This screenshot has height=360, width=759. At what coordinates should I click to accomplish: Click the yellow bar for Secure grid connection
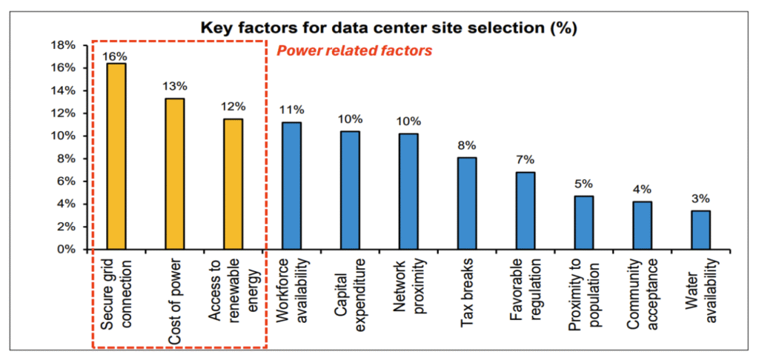[x=116, y=156]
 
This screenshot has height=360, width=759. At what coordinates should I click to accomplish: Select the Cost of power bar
[x=174, y=174]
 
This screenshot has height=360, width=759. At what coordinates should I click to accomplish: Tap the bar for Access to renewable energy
[x=233, y=184]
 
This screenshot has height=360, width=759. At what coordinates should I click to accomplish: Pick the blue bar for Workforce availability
[x=291, y=186]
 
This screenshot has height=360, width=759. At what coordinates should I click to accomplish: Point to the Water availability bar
[x=700, y=230]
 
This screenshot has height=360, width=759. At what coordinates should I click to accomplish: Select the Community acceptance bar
[x=642, y=225]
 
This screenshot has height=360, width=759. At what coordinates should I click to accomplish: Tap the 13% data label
[x=174, y=87]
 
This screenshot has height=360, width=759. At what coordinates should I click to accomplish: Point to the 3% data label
[x=700, y=199]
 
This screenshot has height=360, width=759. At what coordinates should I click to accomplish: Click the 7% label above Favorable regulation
[x=525, y=159]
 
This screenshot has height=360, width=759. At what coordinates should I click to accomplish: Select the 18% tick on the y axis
[x=63, y=45]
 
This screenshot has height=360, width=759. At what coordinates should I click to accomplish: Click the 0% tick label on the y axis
[x=66, y=250]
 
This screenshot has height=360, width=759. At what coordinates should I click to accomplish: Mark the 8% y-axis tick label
[x=66, y=159]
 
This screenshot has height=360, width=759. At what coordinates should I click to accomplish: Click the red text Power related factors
[x=354, y=52]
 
